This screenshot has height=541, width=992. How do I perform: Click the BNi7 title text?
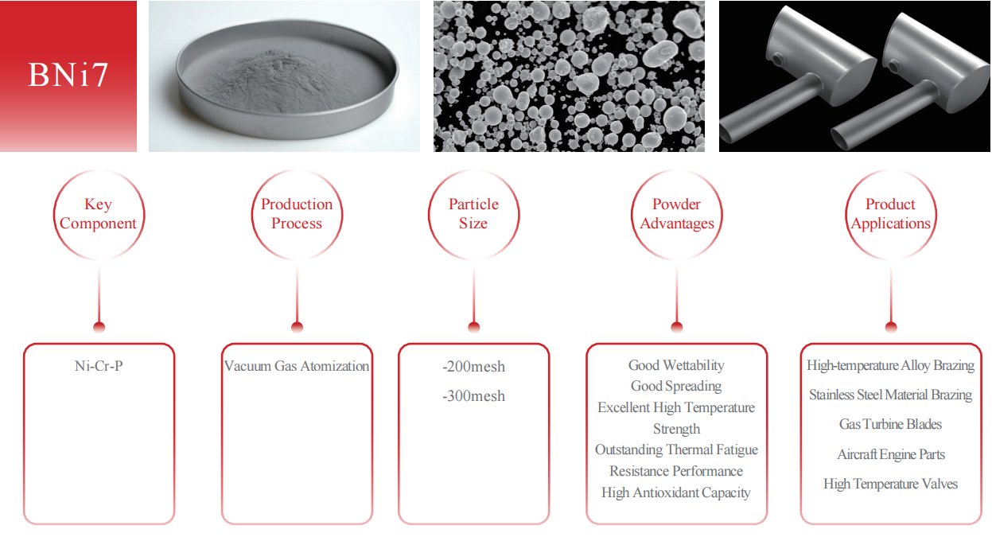(x=68, y=75)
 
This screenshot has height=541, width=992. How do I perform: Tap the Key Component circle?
(x=99, y=214)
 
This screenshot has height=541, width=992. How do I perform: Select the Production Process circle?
(x=297, y=214)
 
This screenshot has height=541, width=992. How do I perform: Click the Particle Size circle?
(x=473, y=214)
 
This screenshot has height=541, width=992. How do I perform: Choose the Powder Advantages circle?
(x=677, y=214)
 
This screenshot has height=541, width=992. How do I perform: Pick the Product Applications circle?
(x=891, y=214)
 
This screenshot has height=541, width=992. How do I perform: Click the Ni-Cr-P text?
(x=99, y=367)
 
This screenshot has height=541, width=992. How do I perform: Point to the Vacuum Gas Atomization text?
(x=297, y=367)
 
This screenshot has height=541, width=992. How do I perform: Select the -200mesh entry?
(x=473, y=367)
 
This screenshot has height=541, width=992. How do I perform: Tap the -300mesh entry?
(x=473, y=396)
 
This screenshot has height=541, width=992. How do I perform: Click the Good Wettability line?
(x=676, y=365)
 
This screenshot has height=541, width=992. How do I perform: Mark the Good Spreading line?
(x=676, y=386)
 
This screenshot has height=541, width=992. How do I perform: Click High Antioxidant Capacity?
(x=676, y=492)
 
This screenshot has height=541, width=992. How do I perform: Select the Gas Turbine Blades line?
(x=890, y=424)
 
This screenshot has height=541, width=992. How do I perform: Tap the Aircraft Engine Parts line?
(x=890, y=454)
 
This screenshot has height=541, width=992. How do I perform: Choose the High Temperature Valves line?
(x=890, y=484)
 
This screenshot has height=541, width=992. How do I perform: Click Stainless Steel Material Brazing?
(x=890, y=395)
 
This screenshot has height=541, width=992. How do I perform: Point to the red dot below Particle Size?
(x=474, y=327)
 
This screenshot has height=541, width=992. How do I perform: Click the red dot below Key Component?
(x=99, y=327)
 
